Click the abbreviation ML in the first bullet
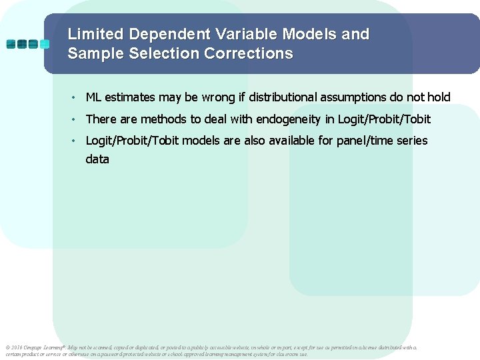(94, 97)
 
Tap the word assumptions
(354, 97)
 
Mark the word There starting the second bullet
(101, 119)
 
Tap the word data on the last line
(97, 159)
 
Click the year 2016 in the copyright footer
(17, 347)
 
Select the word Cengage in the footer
(34, 347)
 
